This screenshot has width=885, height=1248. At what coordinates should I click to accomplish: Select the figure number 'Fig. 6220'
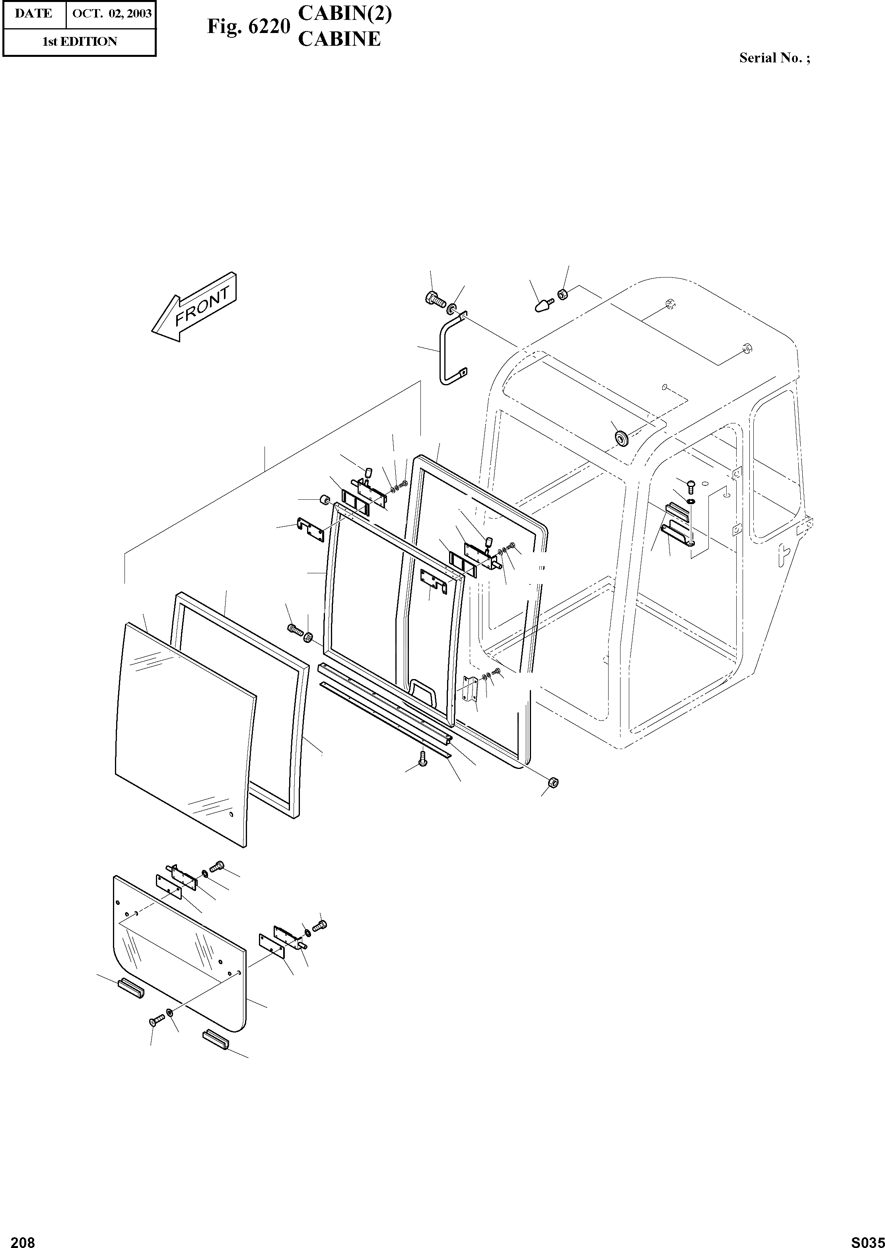(x=248, y=26)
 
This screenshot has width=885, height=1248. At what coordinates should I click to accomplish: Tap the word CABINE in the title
(x=339, y=39)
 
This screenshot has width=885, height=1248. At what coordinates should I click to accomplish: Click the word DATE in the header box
(x=34, y=14)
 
